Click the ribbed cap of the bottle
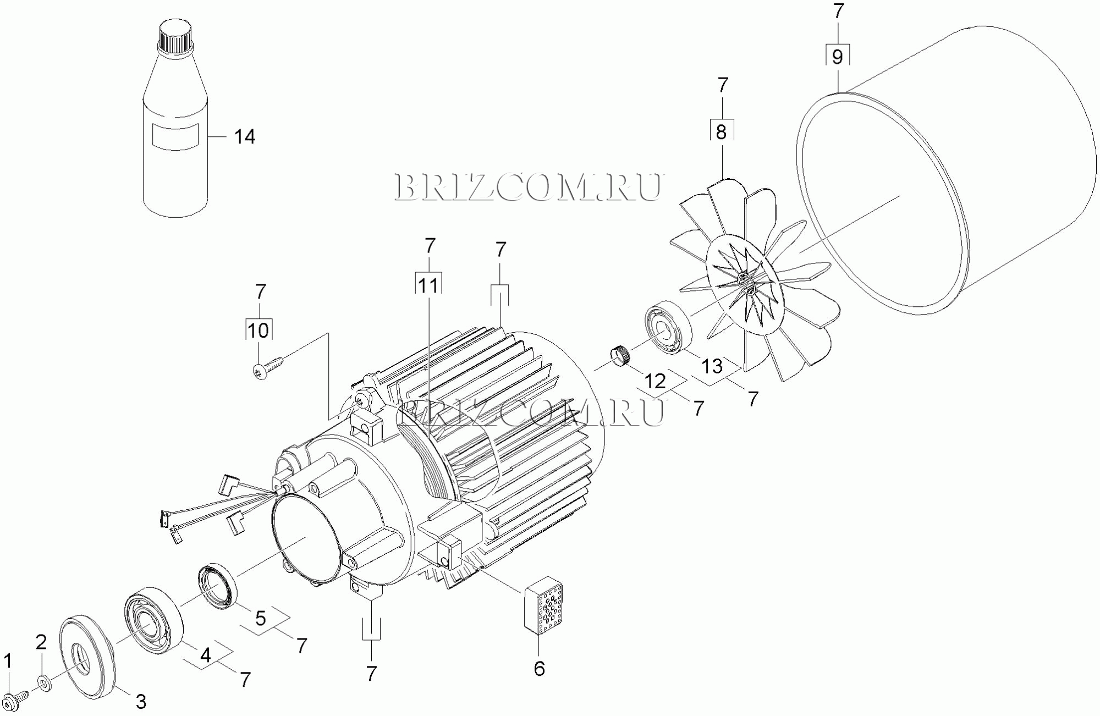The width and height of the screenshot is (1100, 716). tap(174, 36)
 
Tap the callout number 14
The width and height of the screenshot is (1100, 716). tap(245, 136)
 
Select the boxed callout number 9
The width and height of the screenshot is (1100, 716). tap(837, 57)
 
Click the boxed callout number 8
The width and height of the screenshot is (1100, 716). tap(721, 132)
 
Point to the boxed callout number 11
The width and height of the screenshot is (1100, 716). tap(428, 285)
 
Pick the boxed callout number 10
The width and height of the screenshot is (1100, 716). tap(258, 331)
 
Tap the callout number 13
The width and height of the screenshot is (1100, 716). tap(713, 366)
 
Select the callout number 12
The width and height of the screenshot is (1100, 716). tap(655, 381)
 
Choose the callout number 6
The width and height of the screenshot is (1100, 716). tap(539, 669)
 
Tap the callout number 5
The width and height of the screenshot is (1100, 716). tap(260, 618)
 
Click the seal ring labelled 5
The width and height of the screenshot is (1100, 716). tap(217, 586)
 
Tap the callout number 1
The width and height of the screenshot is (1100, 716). tap(8, 662)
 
